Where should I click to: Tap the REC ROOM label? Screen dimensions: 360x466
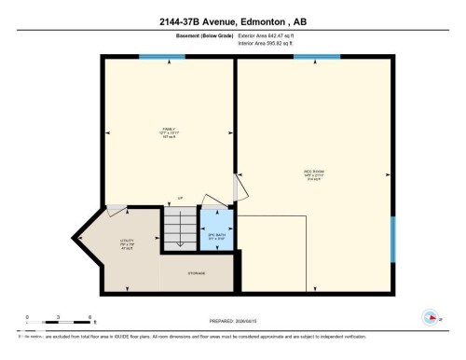click(313, 173)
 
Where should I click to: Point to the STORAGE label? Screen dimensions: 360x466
click(196, 274)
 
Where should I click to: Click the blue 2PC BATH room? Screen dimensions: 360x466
click(215, 237)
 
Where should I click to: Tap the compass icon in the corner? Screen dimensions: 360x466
click(430, 315)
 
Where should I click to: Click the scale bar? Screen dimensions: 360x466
click(58, 324)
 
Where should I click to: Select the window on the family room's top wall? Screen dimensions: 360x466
click(154, 57)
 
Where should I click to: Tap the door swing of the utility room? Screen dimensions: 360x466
click(117, 212)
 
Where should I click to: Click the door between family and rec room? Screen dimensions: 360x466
click(240, 187)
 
